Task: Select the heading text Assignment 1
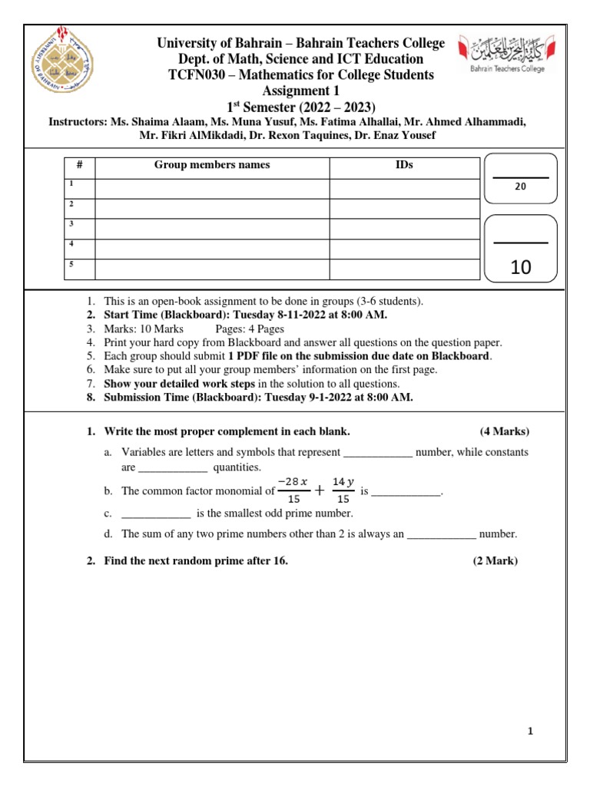(x=300, y=90)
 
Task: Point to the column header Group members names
(x=212, y=165)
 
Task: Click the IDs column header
(x=404, y=165)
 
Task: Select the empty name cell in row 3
(x=212, y=229)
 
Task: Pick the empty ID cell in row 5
(x=404, y=269)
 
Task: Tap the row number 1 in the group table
(x=71, y=184)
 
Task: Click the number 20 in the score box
(x=520, y=187)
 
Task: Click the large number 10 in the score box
(x=520, y=267)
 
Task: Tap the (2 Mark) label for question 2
(x=496, y=561)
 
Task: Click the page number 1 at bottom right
(x=530, y=732)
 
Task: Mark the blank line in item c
(x=156, y=514)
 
